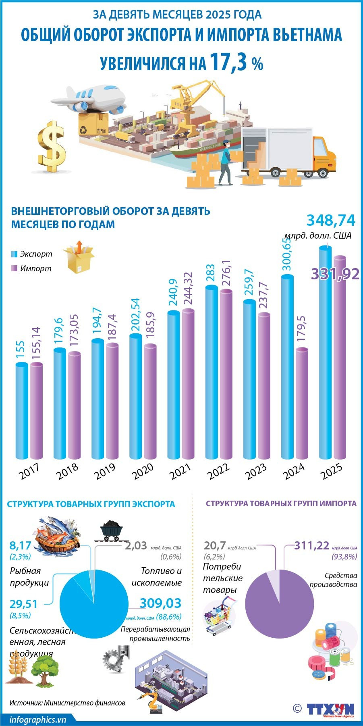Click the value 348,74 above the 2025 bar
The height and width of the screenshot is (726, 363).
pyautogui.click(x=331, y=221)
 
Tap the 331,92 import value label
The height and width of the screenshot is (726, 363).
pyautogui.click(x=335, y=274)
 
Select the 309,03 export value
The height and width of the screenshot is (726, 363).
pyautogui.click(x=160, y=603)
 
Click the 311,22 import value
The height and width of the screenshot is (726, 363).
pyautogui.click(x=311, y=546)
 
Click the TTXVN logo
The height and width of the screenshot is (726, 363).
pyautogui.click(x=330, y=709)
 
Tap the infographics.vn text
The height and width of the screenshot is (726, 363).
pyautogui.click(x=37, y=720)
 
